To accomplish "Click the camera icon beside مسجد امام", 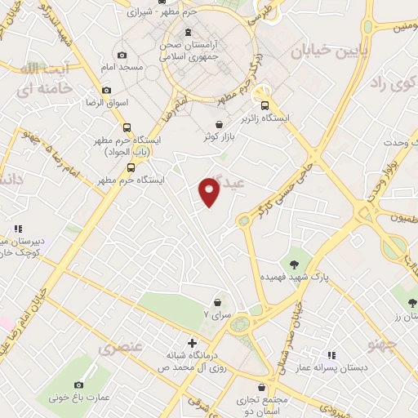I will [122, 55].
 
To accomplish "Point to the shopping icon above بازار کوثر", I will [220, 124].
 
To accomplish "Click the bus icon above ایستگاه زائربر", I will [265, 104].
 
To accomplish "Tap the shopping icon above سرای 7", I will [218, 301].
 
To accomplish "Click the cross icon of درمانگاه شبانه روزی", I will [193, 342].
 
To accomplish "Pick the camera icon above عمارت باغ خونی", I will [79, 385].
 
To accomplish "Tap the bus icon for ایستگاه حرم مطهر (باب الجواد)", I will [126, 127].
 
